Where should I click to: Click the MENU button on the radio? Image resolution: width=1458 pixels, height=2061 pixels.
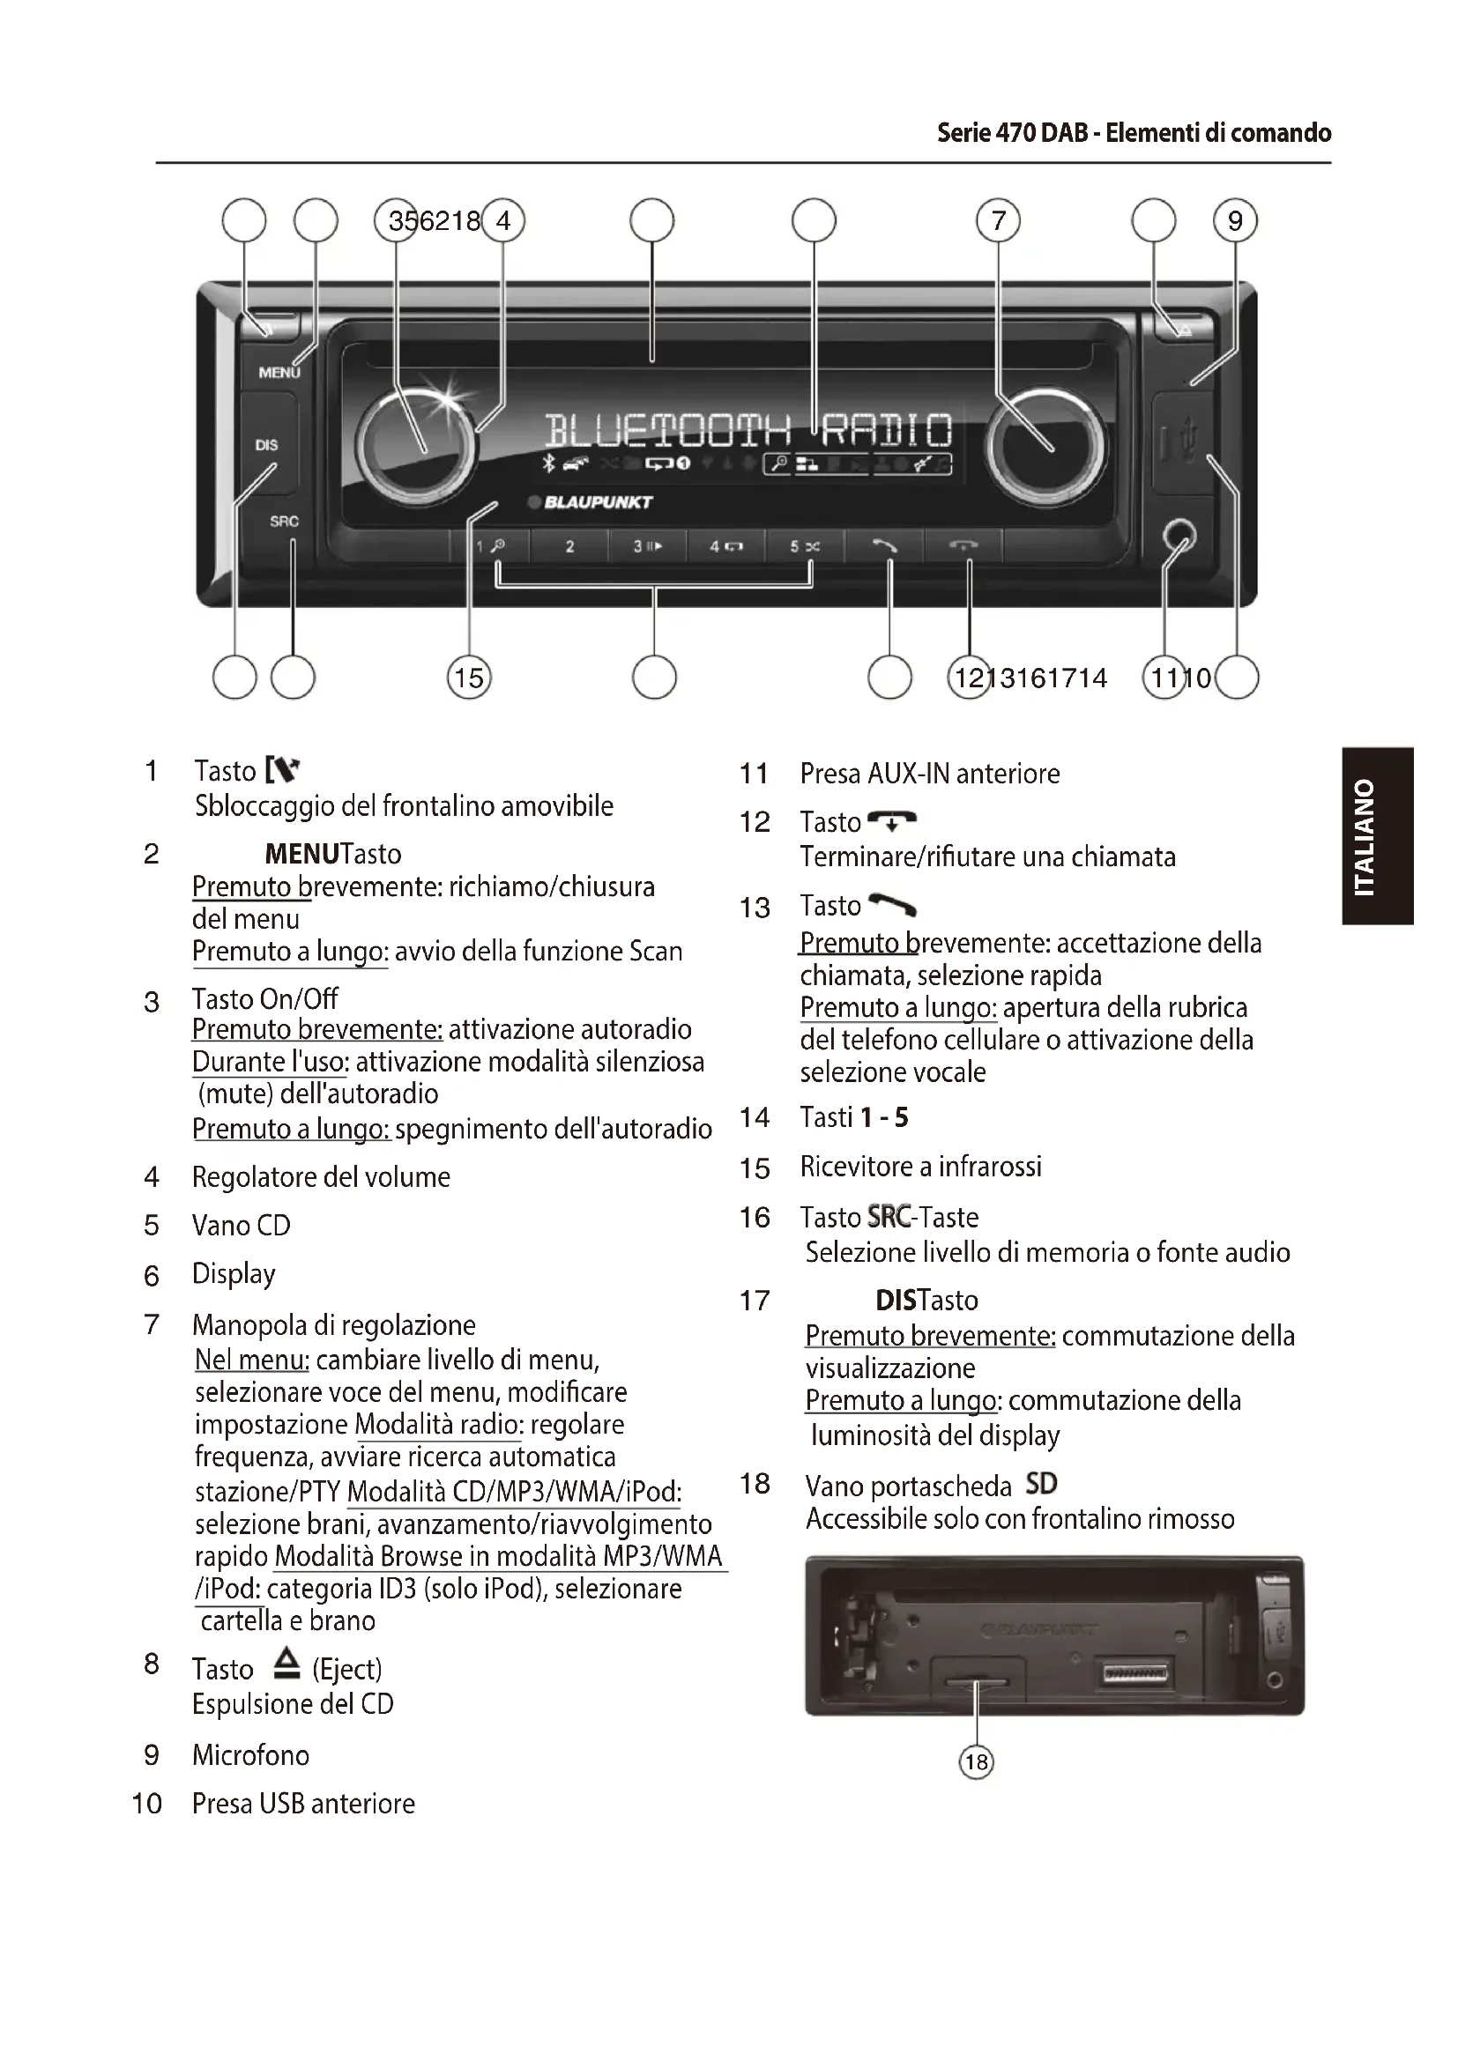coord(278,372)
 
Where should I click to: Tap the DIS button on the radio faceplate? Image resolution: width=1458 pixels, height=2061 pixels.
coord(266,444)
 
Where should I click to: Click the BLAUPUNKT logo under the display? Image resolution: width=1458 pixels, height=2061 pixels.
coord(597,501)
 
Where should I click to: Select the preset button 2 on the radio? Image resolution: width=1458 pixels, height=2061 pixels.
coord(569,545)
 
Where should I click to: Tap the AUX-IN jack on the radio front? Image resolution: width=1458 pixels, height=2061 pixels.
coord(1179,537)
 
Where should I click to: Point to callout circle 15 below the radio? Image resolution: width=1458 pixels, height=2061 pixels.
coord(469,677)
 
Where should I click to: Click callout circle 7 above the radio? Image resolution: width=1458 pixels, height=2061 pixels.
coord(999,221)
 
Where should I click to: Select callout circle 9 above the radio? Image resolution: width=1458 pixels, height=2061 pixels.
coord(1235,221)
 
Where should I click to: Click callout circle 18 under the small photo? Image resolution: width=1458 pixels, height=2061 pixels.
coord(976,1762)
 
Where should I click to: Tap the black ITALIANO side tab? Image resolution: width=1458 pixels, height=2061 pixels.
coord(1379,835)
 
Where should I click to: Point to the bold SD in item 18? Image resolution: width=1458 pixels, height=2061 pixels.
coord(1040,1484)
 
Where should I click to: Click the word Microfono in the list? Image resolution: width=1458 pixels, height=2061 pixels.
coord(250,1756)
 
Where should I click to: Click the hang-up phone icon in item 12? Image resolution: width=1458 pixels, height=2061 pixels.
coord(892,819)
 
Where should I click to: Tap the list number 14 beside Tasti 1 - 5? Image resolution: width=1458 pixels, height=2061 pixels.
coord(755,1117)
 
